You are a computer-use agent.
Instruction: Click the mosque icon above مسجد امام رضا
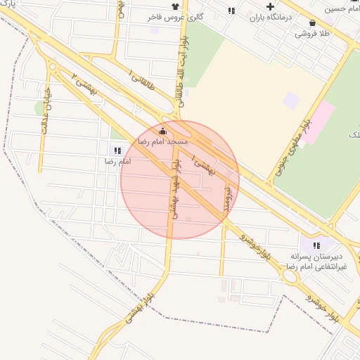163,131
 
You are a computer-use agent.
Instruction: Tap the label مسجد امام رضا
163,141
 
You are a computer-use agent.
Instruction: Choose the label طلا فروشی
311,33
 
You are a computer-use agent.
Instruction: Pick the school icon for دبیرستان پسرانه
316,245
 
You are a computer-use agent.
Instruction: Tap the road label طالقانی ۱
141,82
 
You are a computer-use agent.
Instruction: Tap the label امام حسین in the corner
342,9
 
